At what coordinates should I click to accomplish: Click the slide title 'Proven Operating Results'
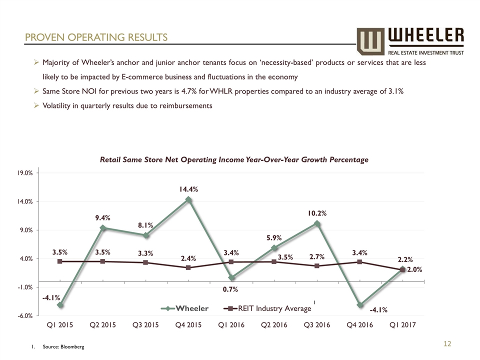(96, 37)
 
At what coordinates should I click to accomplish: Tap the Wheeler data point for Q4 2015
(188, 199)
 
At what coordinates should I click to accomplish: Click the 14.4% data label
(188, 189)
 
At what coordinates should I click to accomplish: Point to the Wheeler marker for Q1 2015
(60, 305)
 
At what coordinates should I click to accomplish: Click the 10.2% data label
(317, 213)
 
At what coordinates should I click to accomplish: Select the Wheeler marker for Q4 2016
(359, 305)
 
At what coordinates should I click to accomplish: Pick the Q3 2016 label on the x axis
(317, 325)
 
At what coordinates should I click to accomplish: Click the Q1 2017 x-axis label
(402, 325)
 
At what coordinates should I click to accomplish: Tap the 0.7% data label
(231, 289)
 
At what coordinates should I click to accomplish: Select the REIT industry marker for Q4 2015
(188, 267)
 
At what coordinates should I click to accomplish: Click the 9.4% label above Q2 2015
(103, 217)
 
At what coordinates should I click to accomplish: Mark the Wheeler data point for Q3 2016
(317, 223)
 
